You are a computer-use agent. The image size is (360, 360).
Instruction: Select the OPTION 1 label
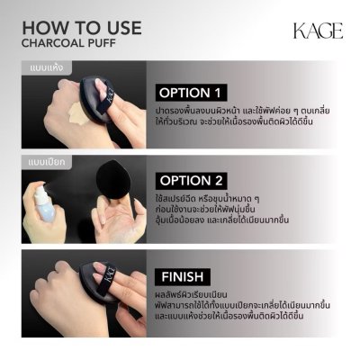click(x=192, y=92)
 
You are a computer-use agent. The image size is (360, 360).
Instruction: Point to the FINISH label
click(x=184, y=275)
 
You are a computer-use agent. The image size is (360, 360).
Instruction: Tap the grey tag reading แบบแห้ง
click(x=38, y=67)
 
